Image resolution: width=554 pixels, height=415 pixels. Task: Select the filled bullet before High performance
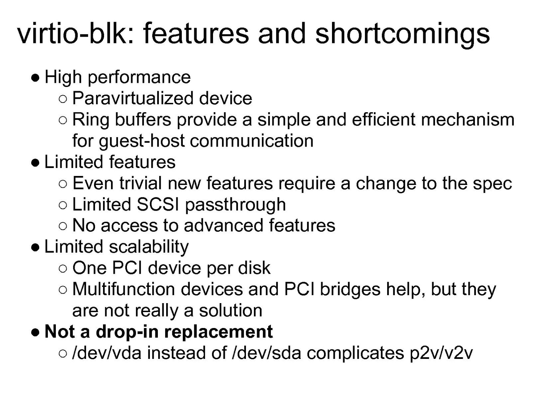coord(35,78)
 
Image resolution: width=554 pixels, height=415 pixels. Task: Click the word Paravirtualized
coord(133,98)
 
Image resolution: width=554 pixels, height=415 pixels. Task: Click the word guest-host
coord(142,141)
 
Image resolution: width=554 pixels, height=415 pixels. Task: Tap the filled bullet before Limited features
coord(35,163)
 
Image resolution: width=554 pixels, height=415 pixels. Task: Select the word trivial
coord(140,183)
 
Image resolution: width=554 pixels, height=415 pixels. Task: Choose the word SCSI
coord(158,204)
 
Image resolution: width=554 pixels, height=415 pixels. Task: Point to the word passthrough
coord(236,205)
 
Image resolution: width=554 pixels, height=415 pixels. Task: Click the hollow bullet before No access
coord(63,226)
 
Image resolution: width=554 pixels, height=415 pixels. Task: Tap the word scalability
coord(149,247)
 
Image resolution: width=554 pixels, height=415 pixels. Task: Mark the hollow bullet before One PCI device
coord(63,268)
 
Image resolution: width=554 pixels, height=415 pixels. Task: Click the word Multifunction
coord(124,289)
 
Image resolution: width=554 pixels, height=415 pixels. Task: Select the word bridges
coord(350,290)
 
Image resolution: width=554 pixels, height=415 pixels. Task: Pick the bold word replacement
coord(219,333)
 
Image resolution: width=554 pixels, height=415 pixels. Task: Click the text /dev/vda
coord(106,353)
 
